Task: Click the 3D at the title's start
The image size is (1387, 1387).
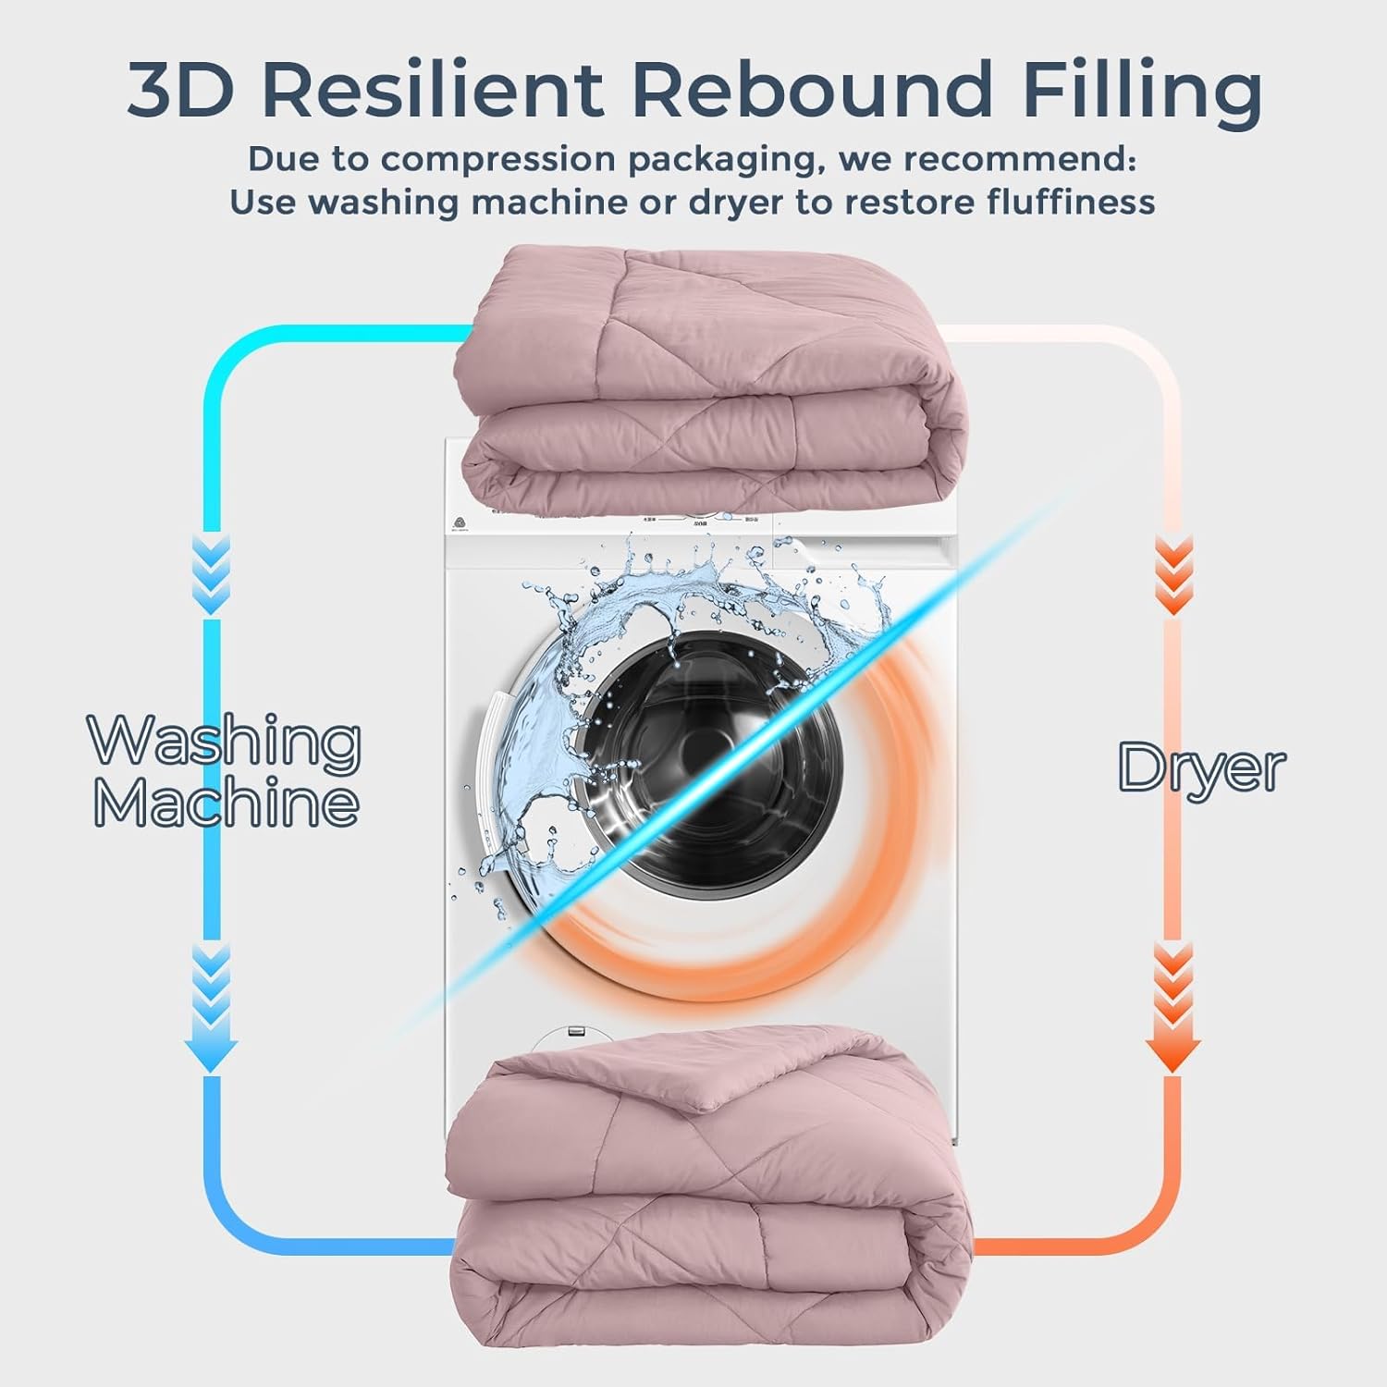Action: [184, 90]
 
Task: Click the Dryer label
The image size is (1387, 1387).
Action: [1201, 767]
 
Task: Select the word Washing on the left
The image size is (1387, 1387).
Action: [225, 742]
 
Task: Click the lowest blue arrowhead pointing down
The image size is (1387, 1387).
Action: [212, 1049]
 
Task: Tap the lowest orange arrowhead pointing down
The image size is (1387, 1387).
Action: [1173, 1049]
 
